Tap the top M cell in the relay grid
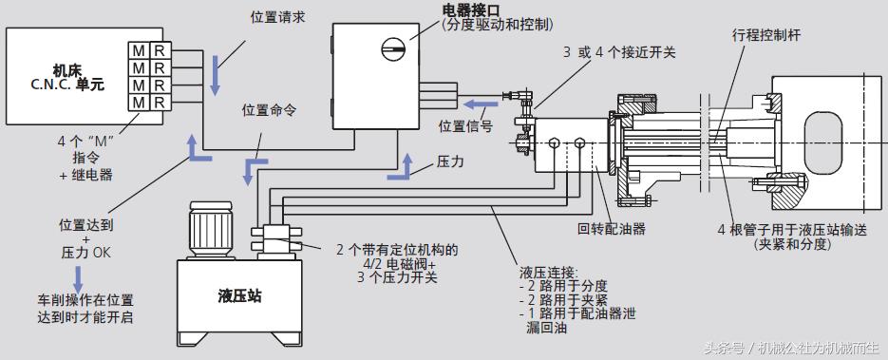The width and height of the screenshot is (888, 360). tap(139, 49)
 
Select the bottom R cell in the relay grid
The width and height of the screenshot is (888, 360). tap(161, 101)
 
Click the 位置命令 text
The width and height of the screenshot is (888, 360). tap(269, 109)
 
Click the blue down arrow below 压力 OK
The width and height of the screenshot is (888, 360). tap(79, 277)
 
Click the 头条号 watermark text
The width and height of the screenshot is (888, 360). tap(723, 348)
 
